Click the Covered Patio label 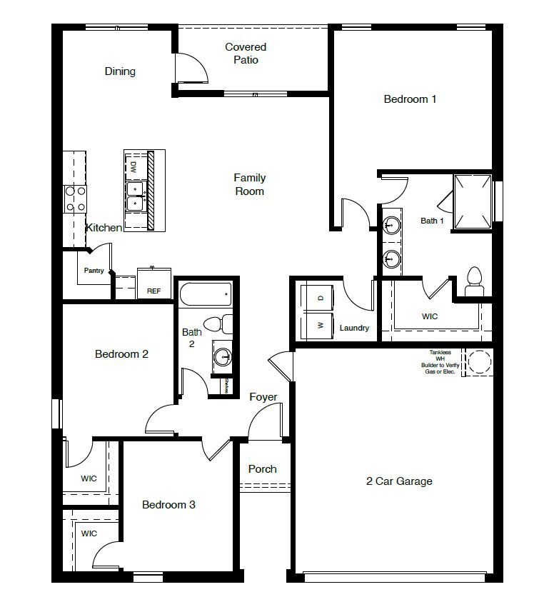(x=246, y=54)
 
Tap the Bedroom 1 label (x=410, y=99)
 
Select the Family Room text (x=249, y=184)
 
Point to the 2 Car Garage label (x=399, y=481)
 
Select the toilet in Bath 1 (x=473, y=281)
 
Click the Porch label (x=262, y=469)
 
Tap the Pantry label (x=94, y=271)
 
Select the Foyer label (x=263, y=397)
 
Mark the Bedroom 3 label (x=168, y=505)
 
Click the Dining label (x=120, y=71)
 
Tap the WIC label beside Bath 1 (x=430, y=316)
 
